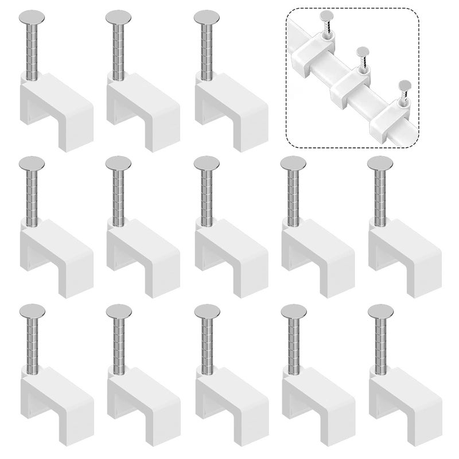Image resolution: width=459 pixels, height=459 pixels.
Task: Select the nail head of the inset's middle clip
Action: (x=363, y=51)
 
